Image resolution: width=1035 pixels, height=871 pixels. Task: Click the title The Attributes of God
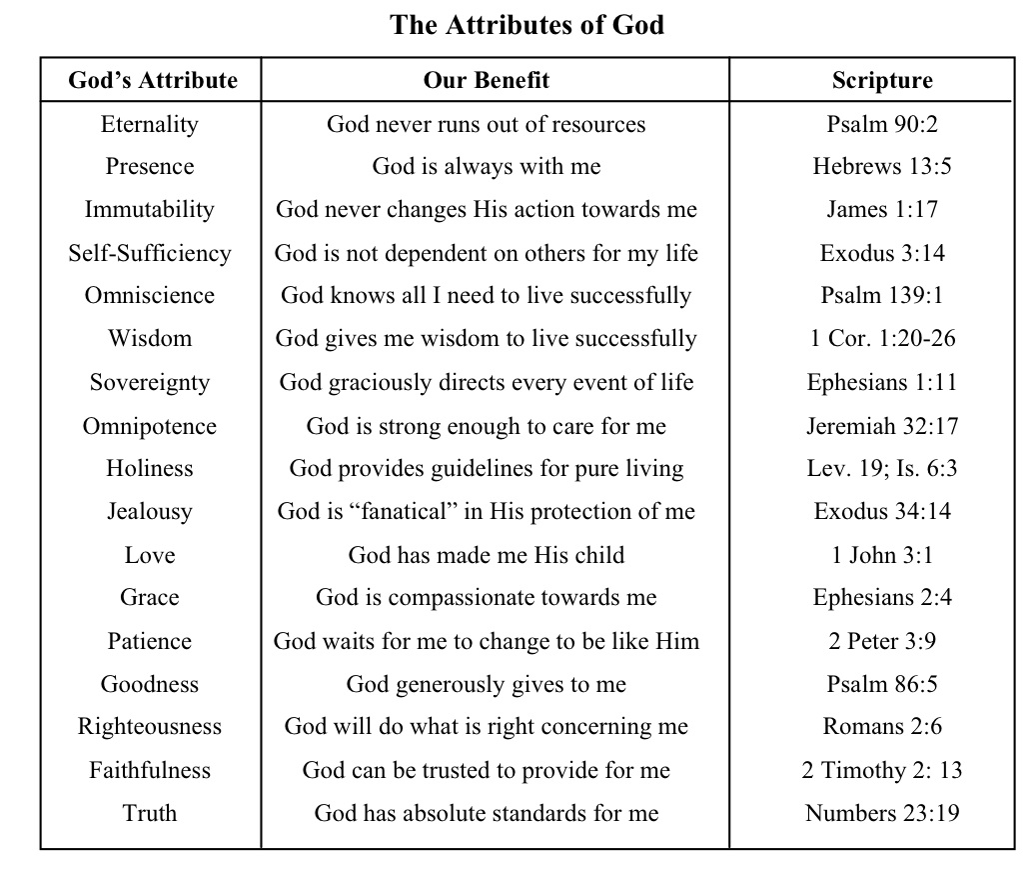(x=526, y=25)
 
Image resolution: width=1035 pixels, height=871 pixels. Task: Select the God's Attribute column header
(x=153, y=81)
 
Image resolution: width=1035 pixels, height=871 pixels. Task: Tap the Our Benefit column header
(x=487, y=81)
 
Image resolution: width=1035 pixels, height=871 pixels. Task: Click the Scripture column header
(x=882, y=81)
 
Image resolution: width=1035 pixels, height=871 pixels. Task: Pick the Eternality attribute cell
(x=150, y=125)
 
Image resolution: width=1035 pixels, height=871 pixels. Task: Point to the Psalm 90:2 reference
(x=882, y=125)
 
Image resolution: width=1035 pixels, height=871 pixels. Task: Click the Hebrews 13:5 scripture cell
(x=882, y=167)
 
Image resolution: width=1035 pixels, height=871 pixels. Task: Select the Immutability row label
(x=150, y=210)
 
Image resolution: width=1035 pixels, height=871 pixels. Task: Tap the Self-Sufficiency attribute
(x=150, y=253)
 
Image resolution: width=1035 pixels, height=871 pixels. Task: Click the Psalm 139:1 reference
(x=882, y=296)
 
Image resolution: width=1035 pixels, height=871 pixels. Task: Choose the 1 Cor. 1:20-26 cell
(x=882, y=339)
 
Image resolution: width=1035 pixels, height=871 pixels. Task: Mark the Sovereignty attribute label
(x=150, y=383)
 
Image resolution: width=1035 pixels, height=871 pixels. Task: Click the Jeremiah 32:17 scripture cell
(x=882, y=426)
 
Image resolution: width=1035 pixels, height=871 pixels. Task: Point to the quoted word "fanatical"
(x=401, y=511)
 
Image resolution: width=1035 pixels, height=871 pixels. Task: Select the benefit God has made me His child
(x=487, y=555)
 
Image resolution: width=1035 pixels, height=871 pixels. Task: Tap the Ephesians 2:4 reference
(x=882, y=598)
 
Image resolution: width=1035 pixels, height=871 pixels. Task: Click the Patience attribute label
(x=150, y=641)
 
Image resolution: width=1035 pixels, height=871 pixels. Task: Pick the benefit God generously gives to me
(x=487, y=685)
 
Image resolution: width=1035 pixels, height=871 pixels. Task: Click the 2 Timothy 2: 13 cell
(x=882, y=771)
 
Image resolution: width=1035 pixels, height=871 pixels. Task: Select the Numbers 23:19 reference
(x=882, y=813)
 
